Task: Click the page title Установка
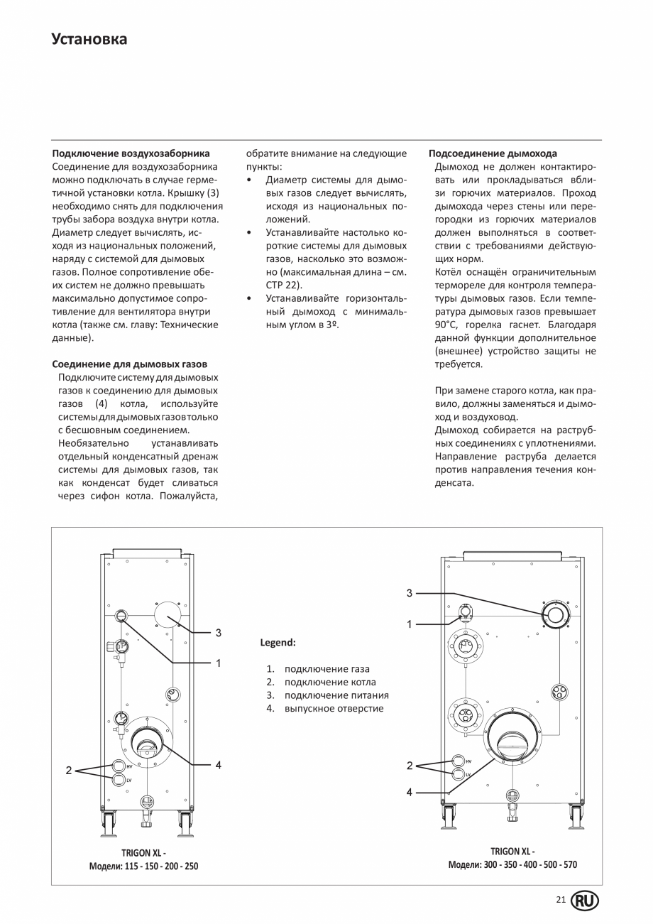89,39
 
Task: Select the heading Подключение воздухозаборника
131,153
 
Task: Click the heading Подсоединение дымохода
493,153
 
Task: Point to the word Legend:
278,643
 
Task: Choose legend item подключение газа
326,669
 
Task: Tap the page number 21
561,900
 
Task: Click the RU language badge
585,901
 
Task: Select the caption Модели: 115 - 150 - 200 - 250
143,866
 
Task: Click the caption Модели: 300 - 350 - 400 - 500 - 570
512,864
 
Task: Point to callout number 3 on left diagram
219,632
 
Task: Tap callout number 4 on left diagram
219,765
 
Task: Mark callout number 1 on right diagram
410,624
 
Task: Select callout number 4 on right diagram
410,792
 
